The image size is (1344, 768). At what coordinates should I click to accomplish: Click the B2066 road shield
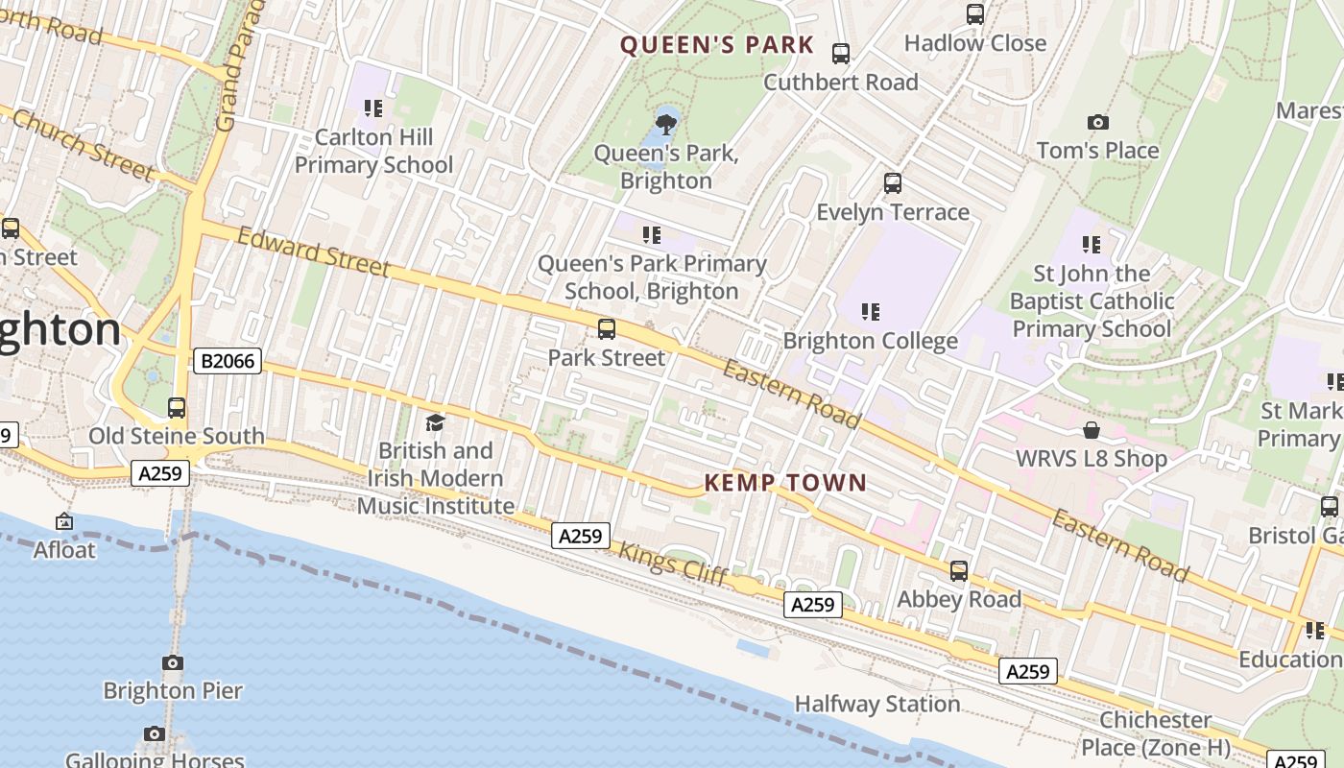[228, 361]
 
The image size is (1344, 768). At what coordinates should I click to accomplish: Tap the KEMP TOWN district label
[785, 483]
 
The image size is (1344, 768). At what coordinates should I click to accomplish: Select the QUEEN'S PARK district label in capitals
[716, 45]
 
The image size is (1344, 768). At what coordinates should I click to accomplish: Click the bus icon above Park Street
[607, 329]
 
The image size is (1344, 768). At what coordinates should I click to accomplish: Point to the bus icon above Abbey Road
[958, 571]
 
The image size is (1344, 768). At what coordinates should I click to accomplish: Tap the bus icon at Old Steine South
[177, 407]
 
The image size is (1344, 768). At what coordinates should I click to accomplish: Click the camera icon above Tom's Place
[1098, 123]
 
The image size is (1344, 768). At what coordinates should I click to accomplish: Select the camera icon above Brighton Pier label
[173, 662]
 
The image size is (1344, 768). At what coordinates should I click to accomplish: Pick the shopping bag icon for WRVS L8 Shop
[1092, 430]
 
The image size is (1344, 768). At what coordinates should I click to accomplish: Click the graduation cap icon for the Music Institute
[435, 422]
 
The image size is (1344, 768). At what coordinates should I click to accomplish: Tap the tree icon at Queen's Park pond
[665, 124]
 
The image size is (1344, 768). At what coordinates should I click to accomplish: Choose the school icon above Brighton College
[871, 311]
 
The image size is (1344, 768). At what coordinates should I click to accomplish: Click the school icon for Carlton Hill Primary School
[373, 108]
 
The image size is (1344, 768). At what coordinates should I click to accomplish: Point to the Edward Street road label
[313, 252]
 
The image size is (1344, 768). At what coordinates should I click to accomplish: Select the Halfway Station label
[876, 704]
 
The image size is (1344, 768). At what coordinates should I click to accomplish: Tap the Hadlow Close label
[974, 43]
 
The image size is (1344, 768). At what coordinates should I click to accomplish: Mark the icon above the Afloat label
[64, 522]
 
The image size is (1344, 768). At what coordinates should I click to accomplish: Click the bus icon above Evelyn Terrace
[893, 182]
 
